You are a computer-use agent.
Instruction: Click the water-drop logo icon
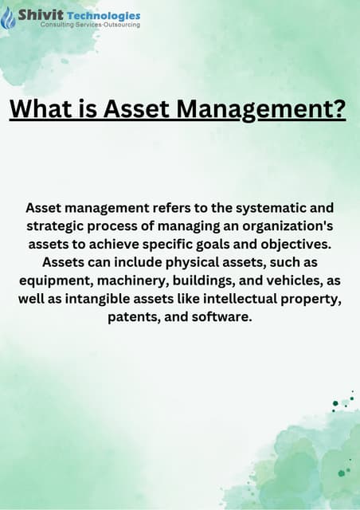click(9, 18)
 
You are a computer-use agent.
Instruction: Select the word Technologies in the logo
click(104, 15)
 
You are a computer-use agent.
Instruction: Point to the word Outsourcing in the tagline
click(119, 25)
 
